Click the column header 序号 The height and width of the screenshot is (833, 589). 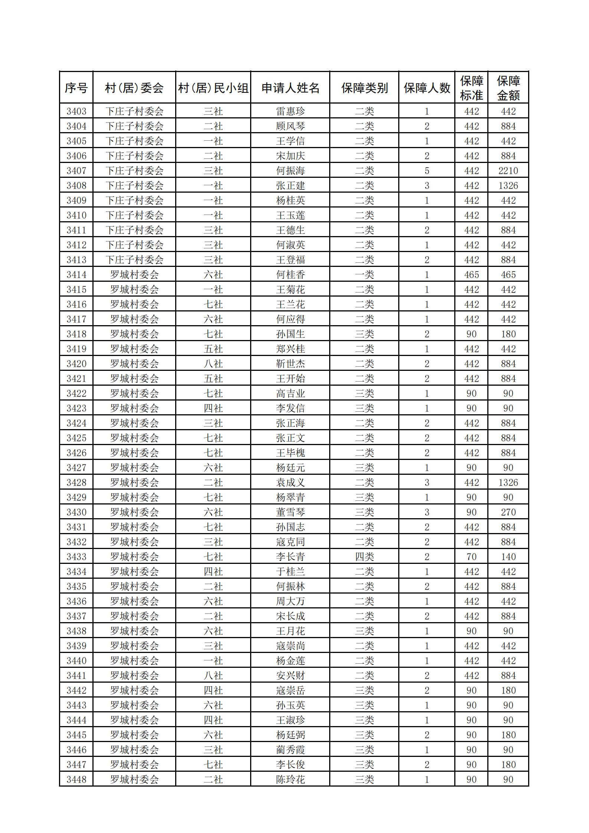[x=76, y=88]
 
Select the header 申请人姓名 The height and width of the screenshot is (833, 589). [x=290, y=88]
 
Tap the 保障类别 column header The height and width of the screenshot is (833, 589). [x=364, y=88]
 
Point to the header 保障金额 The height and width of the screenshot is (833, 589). [x=508, y=88]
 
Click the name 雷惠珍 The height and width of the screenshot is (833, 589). [x=290, y=111]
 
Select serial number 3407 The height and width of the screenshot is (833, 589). [x=76, y=171]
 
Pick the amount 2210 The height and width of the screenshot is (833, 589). [x=508, y=171]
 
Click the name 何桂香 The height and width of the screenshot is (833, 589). [x=290, y=275]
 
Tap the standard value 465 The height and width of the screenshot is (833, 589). [x=471, y=275]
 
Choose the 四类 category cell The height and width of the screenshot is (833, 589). [x=364, y=557]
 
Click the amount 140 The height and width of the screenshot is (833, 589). [x=508, y=557]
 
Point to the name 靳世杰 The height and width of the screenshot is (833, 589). [x=290, y=364]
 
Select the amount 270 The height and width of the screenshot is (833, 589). [x=508, y=512]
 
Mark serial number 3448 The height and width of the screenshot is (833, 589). [x=76, y=780]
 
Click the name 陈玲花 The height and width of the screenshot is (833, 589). [x=290, y=780]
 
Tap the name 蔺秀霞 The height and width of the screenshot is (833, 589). [x=290, y=750]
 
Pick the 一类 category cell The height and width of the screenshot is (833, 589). [x=364, y=275]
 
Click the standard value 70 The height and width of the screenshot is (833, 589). [x=471, y=557]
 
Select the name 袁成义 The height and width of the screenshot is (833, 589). [x=290, y=483]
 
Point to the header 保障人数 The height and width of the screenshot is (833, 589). [x=427, y=88]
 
